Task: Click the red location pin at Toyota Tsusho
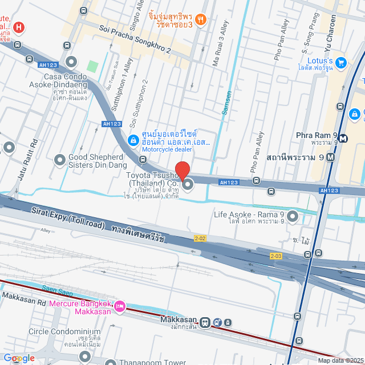pyautogui.click(x=182, y=170)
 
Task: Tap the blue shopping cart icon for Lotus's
pyautogui.click(x=341, y=62)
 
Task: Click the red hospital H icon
pyautogui.click(x=19, y=27)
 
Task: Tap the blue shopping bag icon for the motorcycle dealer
pyautogui.click(x=132, y=139)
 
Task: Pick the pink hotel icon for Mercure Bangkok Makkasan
pyautogui.click(x=120, y=307)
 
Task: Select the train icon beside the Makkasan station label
pyautogui.click(x=217, y=322)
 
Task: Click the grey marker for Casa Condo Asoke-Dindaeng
pyautogui.click(x=71, y=62)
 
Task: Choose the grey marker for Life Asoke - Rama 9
pyautogui.click(x=293, y=216)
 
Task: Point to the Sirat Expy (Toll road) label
pyautogui.click(x=68, y=218)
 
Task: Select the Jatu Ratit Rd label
pyautogui.click(x=27, y=160)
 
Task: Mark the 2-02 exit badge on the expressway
pyautogui.click(x=200, y=238)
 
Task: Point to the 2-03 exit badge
pyautogui.click(x=276, y=256)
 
